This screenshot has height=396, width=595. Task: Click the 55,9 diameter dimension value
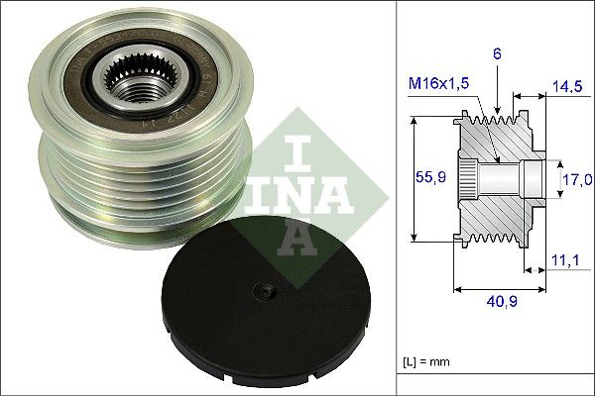coord(424,180)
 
